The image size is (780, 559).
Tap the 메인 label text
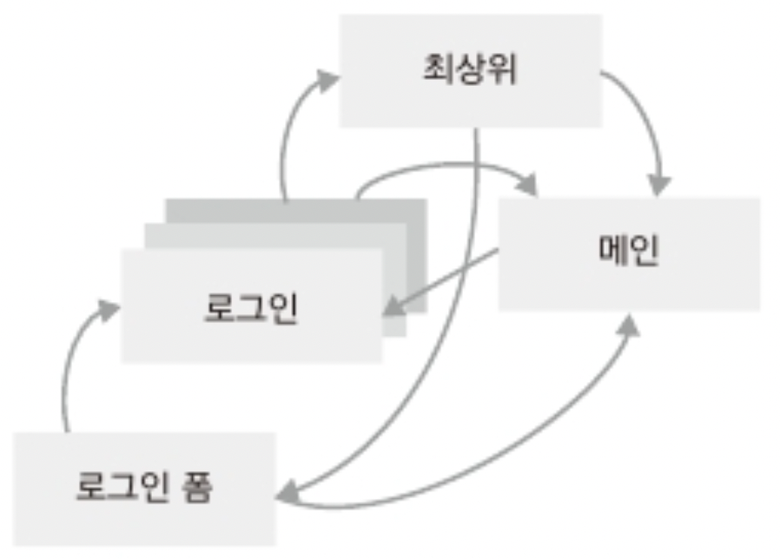pos(629,251)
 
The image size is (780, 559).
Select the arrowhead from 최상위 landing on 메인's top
pos(660,183)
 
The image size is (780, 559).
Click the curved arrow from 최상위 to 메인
pos(644,113)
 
